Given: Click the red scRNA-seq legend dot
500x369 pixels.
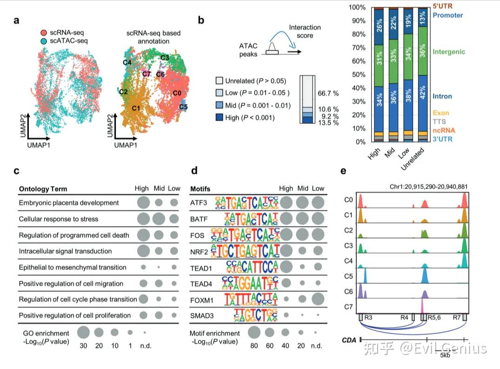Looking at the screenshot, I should (x=42, y=33).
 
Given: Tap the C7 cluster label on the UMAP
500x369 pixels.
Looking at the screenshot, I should (x=146, y=74).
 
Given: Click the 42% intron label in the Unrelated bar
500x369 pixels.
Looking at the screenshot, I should (x=423, y=100).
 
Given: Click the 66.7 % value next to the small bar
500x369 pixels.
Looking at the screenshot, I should (x=328, y=94).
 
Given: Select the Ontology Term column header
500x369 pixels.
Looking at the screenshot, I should (x=43, y=189).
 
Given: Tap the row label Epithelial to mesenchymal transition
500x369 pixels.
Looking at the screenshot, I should (x=72, y=268).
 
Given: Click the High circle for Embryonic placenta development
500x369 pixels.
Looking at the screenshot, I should (x=144, y=203).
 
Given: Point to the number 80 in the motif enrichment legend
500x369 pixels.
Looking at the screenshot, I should (x=254, y=346).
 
